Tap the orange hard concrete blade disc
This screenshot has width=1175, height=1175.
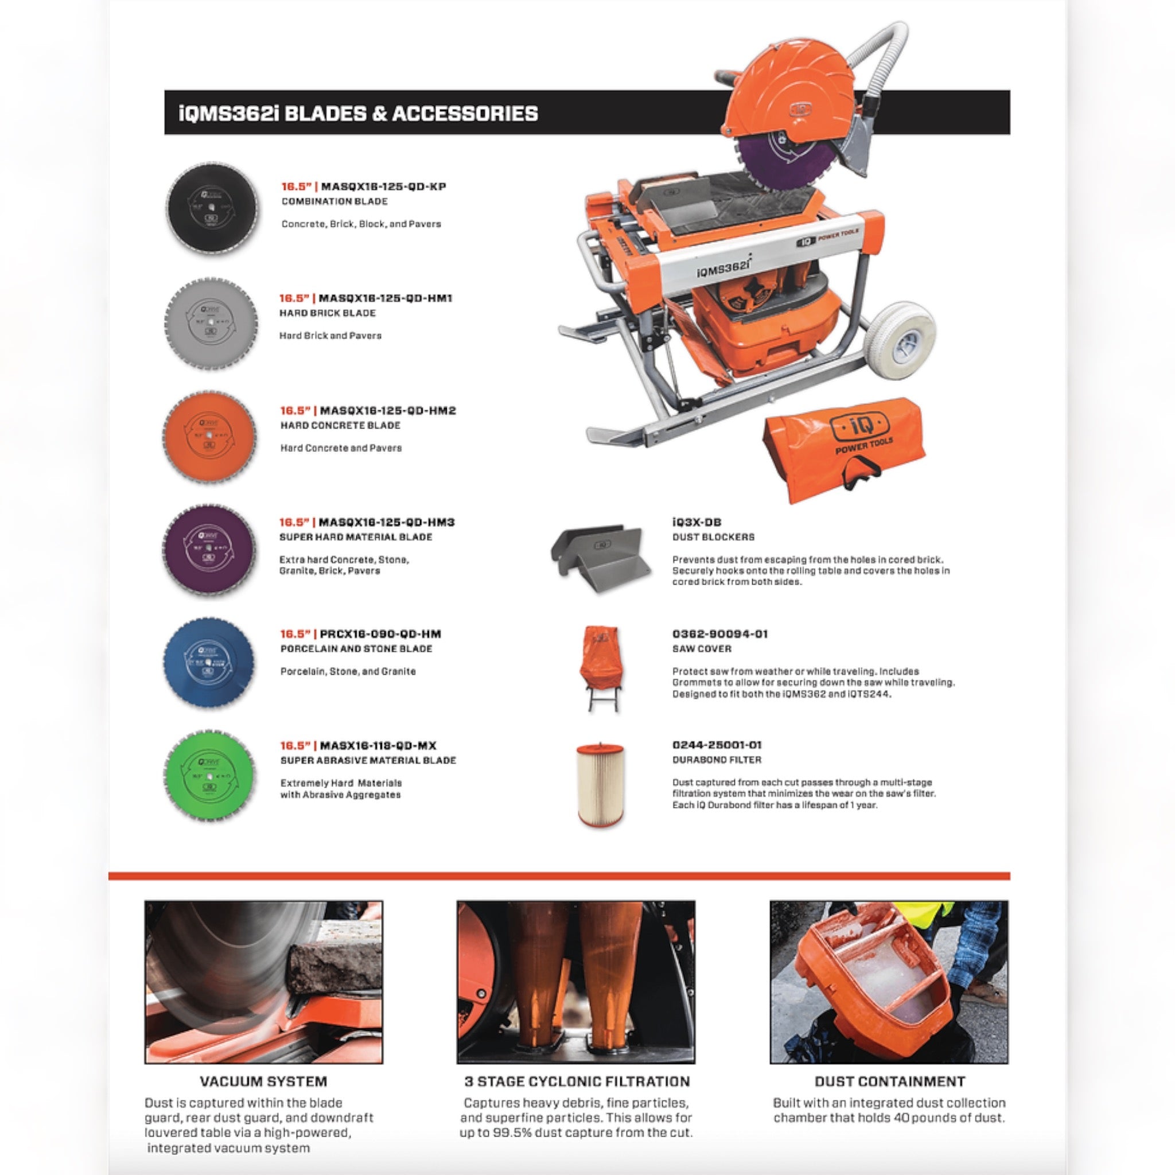pos(210,436)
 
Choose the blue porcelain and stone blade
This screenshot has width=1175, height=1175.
pos(210,661)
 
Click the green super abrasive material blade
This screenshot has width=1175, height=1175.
pos(210,775)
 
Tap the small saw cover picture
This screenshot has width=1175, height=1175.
pos(600,667)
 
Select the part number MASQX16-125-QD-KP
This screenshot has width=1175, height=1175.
pos(383,186)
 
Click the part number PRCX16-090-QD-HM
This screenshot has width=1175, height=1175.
pos(380,634)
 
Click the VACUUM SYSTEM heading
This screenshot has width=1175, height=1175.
pos(263,1081)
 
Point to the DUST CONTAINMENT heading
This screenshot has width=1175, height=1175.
pos(890,1081)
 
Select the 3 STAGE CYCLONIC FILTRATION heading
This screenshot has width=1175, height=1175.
pos(577,1081)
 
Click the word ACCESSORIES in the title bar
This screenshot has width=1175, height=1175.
pos(465,114)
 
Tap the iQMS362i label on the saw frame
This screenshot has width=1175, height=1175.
pos(723,267)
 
